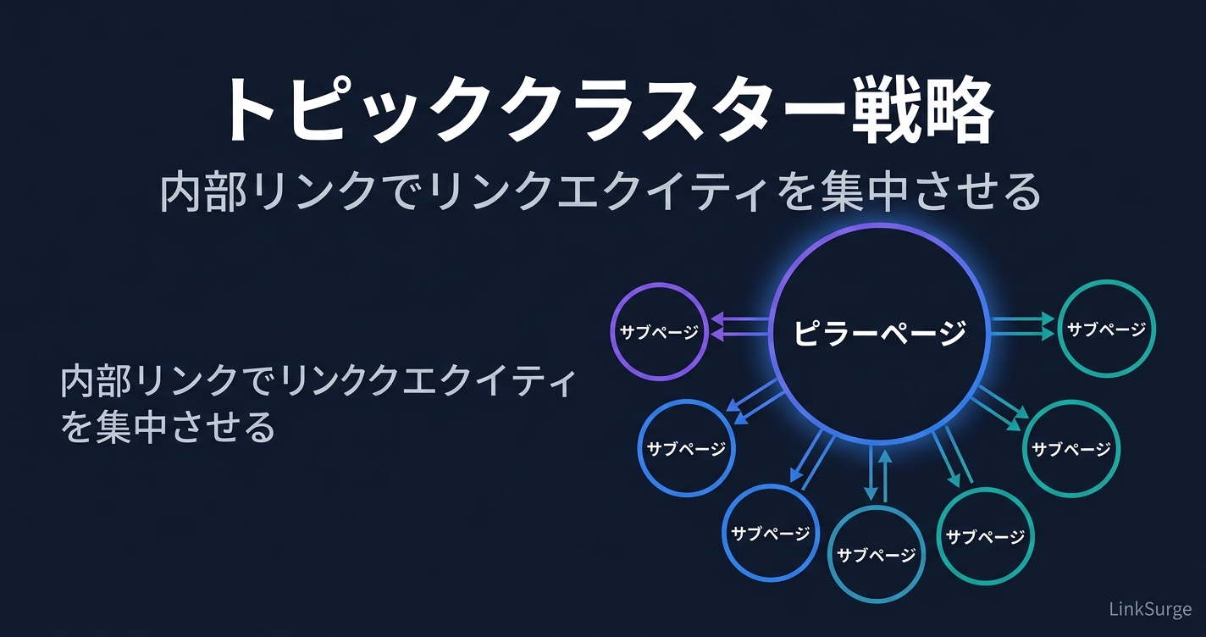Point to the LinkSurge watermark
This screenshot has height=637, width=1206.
(x=1150, y=609)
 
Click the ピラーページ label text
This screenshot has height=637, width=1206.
(x=880, y=332)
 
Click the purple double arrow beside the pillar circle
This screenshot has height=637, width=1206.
(x=740, y=327)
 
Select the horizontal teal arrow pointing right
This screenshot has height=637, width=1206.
(x=1022, y=327)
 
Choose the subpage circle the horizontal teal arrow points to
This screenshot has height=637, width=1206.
(x=1107, y=329)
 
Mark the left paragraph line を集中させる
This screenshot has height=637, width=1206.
(x=169, y=426)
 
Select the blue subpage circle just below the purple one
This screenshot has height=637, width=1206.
(x=686, y=448)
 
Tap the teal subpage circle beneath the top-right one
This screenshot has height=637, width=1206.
(x=1071, y=448)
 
